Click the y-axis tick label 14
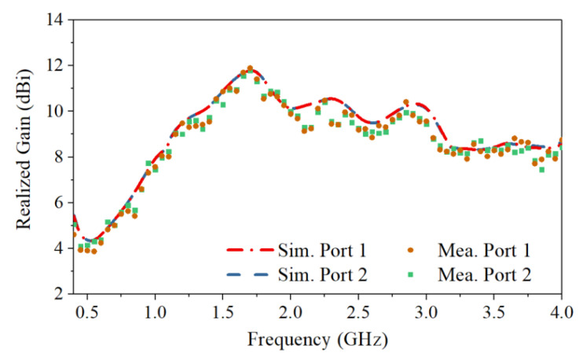pyautogui.click(x=54, y=20)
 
